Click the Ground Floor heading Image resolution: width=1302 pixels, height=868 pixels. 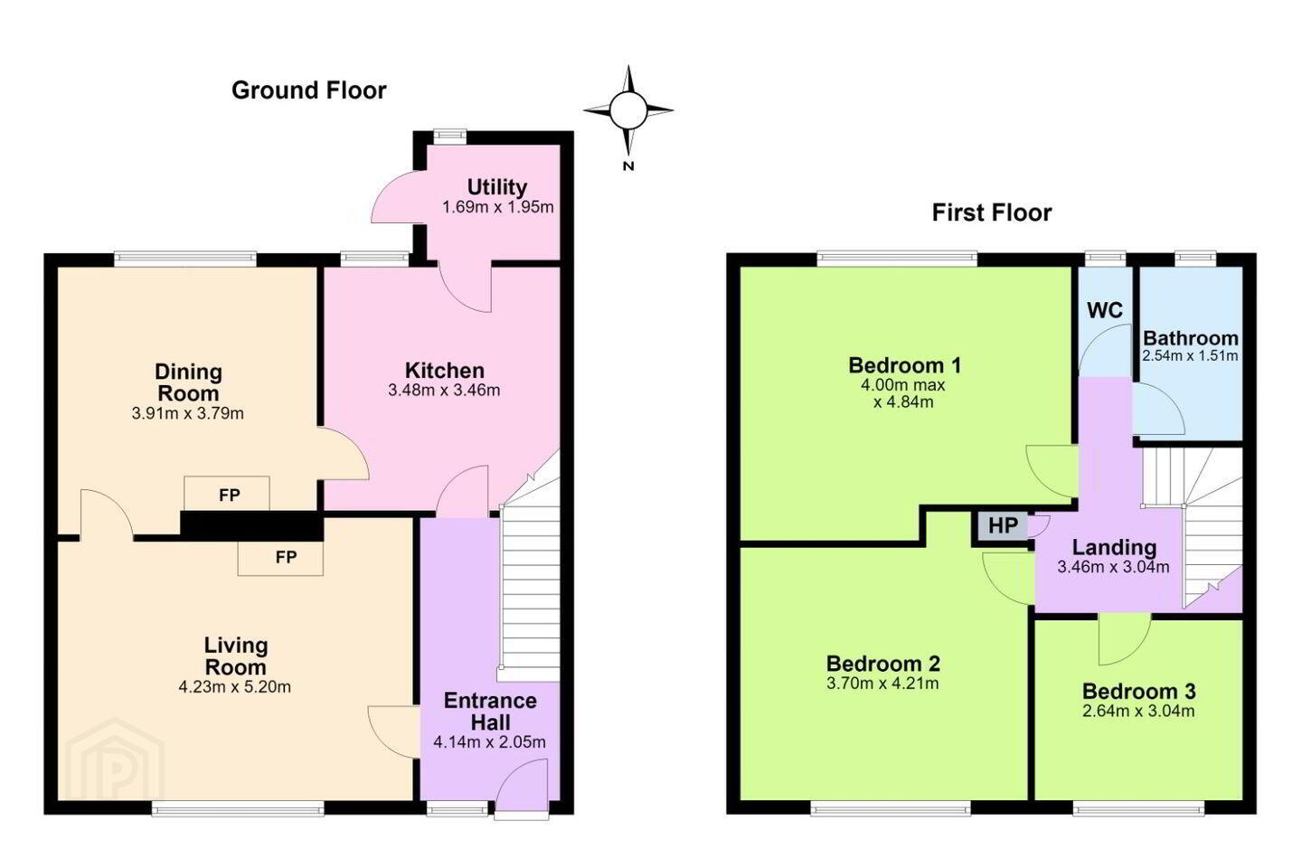(308, 90)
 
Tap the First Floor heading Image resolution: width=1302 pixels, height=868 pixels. (992, 212)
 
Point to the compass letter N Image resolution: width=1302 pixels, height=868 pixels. (627, 166)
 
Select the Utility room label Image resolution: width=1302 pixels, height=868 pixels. (497, 187)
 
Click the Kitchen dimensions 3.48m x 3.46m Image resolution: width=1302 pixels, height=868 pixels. (444, 390)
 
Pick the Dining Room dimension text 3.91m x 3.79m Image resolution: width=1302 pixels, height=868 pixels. (188, 413)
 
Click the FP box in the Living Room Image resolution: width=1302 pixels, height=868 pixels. (280, 558)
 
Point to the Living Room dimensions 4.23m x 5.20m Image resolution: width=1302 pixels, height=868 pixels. (235, 686)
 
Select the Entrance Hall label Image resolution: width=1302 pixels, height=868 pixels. (490, 711)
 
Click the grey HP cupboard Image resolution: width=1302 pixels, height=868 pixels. (1003, 525)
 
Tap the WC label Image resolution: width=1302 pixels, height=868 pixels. (1105, 310)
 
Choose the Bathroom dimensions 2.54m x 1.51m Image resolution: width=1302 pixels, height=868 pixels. (1190, 356)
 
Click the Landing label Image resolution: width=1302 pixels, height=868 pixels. (1114, 547)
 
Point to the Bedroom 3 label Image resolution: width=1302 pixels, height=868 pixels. (1138, 692)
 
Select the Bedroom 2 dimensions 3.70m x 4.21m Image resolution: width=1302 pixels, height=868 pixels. (882, 684)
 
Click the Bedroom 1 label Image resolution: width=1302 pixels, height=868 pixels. (904, 365)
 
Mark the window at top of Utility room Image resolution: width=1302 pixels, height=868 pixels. (450, 136)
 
